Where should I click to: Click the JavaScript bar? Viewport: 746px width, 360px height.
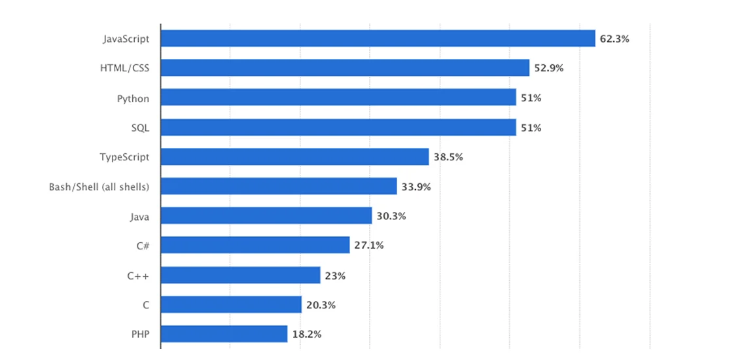click(378, 39)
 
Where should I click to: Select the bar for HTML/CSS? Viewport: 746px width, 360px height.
click(345, 68)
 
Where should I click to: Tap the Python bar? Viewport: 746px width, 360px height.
click(338, 98)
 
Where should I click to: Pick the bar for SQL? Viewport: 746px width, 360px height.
click(338, 128)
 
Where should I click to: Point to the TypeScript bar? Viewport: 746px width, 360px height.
click(294, 157)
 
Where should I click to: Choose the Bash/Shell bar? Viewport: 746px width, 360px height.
click(278, 187)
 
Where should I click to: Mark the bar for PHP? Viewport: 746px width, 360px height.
click(224, 334)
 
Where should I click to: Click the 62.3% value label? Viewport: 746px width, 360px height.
click(614, 39)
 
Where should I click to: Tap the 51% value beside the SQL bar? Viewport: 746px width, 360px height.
click(531, 128)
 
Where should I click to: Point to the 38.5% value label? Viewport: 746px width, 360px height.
click(448, 157)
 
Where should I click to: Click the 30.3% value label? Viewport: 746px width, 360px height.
click(391, 216)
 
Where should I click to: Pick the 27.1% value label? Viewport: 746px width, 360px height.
click(368, 245)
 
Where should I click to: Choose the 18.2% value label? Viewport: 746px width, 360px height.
click(306, 334)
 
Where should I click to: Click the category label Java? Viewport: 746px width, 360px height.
click(139, 216)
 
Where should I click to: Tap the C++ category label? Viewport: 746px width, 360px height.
click(138, 276)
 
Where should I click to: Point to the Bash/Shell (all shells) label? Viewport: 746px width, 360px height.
click(99, 187)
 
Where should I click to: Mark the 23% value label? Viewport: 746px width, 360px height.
click(335, 276)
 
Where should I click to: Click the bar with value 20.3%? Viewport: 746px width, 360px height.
click(231, 305)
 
